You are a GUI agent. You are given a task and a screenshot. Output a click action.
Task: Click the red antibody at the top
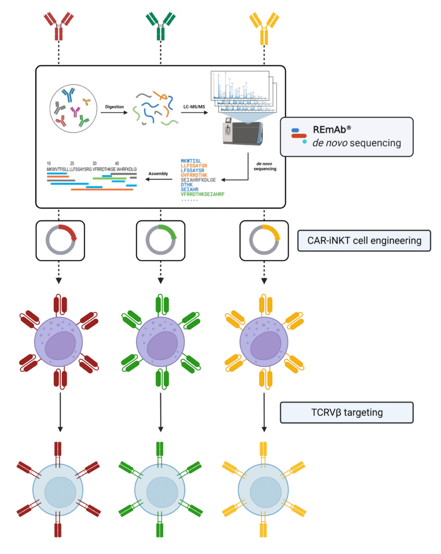57,26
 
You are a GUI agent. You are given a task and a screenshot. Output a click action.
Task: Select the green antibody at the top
160,26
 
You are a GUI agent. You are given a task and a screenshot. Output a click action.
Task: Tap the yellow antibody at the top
264,26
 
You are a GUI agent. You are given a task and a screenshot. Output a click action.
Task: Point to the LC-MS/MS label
194,106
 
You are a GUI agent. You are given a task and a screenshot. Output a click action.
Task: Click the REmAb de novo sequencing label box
346,137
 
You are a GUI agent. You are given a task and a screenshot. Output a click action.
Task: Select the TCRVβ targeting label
346,412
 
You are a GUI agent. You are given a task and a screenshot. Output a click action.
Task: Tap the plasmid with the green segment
160,239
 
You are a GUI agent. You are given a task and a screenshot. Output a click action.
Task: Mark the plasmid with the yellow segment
264,239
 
